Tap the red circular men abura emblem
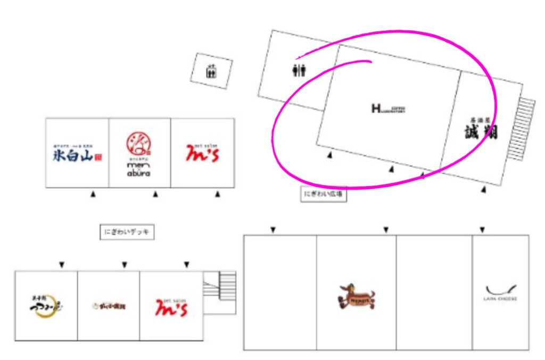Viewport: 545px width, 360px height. pos(138,143)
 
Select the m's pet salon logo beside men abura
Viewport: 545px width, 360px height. pos(202,154)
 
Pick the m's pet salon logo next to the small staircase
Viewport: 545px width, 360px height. pos(171,307)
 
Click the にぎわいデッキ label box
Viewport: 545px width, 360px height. pos(127,232)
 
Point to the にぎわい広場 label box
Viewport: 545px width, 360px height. pos(324,195)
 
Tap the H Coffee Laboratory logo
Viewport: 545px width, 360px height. pos(388,109)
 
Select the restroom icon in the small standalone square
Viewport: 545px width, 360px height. pos(211,70)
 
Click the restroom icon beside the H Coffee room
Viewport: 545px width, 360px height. pos(299,70)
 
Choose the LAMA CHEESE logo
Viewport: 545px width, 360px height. pos(501,292)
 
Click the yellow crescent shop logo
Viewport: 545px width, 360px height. pos(46,307)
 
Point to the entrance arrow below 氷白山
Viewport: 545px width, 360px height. pos(93,195)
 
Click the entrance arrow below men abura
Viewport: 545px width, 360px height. pos(155,195)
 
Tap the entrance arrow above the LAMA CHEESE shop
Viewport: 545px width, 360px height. pos(482,230)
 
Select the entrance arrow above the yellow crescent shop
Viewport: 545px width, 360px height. pos(62,264)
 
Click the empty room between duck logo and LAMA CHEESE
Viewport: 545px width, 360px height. pos(434,292)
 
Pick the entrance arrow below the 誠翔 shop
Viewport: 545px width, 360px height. pos(483,189)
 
